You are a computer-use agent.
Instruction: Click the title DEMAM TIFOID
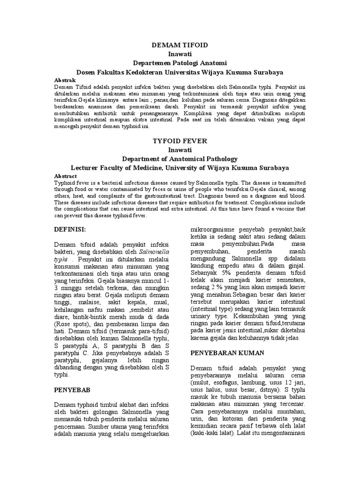point(180,45)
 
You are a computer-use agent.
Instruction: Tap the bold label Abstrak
point(65,81)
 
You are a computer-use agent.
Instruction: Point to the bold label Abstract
point(66,176)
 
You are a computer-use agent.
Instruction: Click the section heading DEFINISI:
point(71,229)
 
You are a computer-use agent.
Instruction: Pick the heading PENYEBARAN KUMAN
point(227,352)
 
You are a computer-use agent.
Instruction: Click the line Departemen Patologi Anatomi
point(180,62)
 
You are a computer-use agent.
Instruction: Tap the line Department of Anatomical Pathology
point(180,158)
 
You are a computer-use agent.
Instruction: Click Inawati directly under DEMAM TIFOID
point(180,53)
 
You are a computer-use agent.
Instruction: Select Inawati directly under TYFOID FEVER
point(180,150)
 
